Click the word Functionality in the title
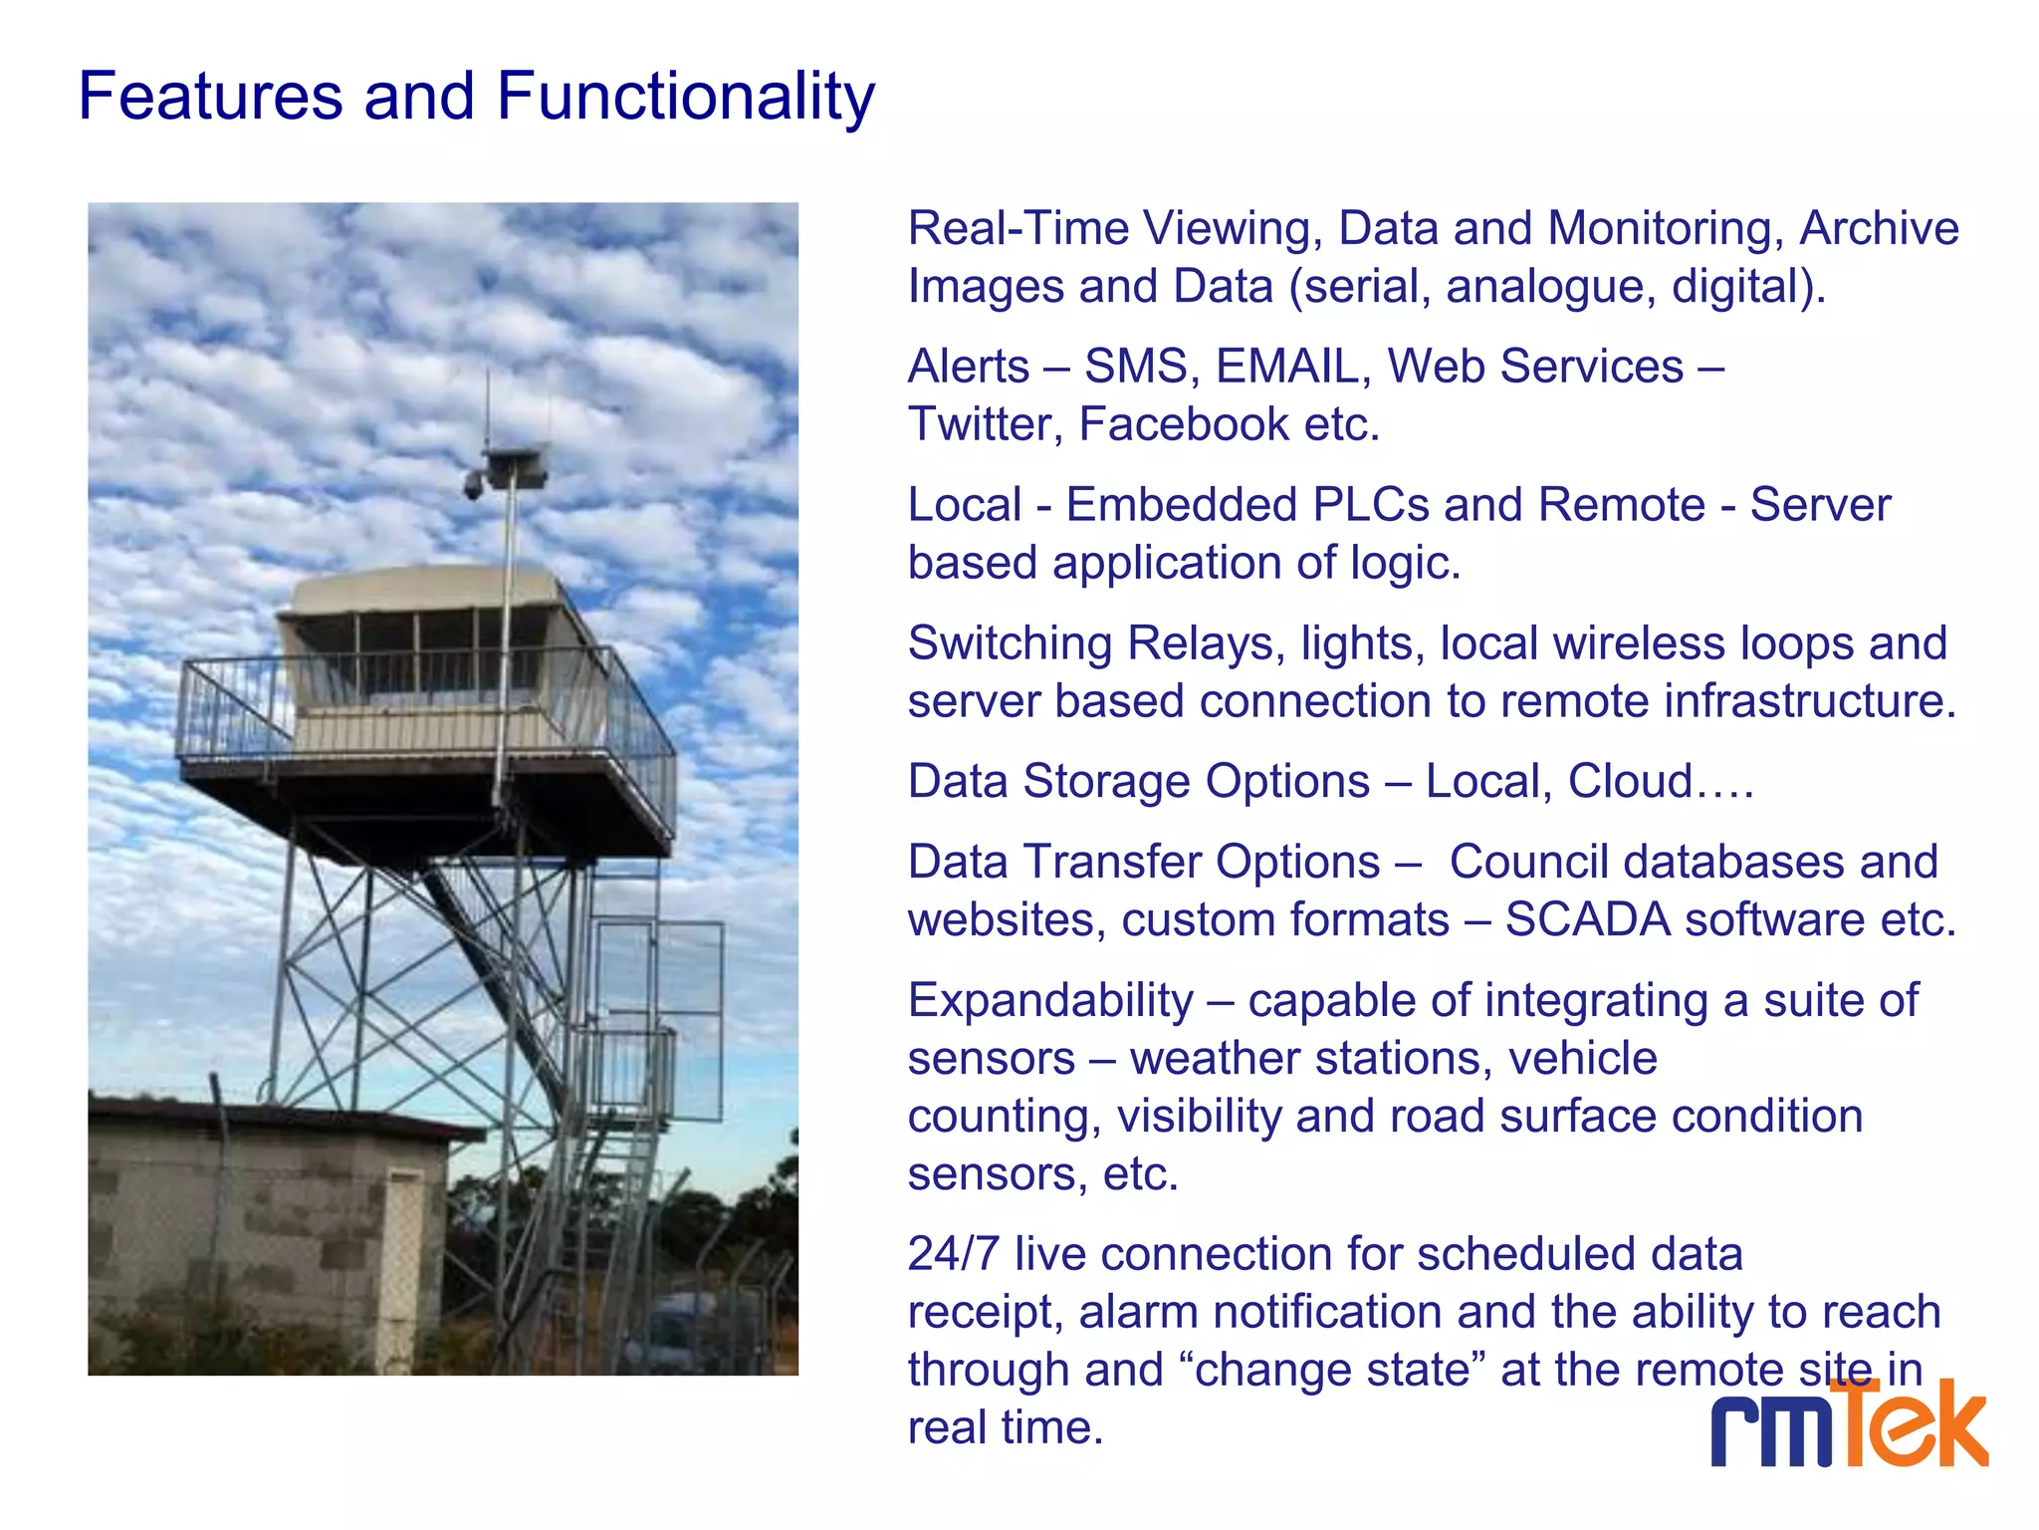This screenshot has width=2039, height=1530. tap(685, 98)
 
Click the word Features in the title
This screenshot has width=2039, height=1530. tap(210, 98)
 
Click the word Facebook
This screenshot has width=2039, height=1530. tap(1184, 425)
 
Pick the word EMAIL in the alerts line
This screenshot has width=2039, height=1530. tap(1287, 367)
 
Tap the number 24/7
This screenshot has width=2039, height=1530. tap(953, 1254)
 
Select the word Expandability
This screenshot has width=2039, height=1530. tap(1050, 1000)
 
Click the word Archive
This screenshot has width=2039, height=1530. tap(1879, 229)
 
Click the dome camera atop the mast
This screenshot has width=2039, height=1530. tap(474, 486)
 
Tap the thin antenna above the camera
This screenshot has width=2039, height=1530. tap(487, 408)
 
